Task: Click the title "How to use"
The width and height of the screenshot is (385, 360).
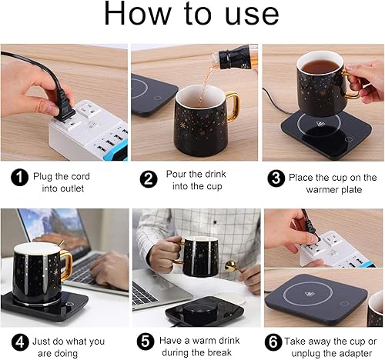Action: [192, 15]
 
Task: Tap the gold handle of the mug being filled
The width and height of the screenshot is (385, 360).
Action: [231, 108]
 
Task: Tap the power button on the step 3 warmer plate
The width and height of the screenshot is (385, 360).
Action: [347, 139]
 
